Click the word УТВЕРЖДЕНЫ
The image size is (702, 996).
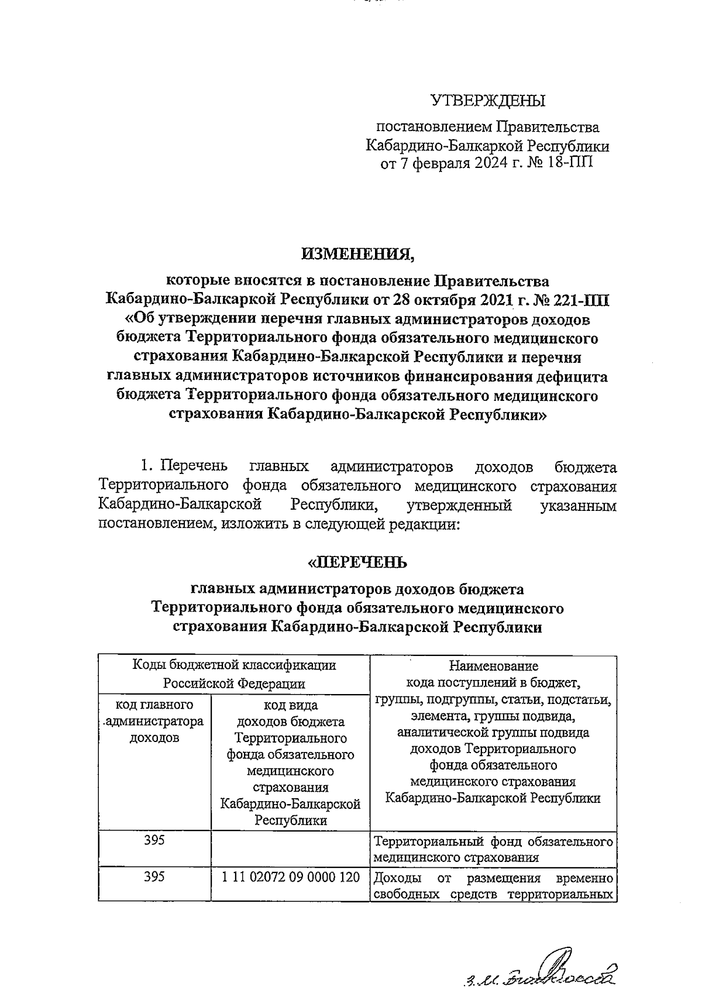(488, 101)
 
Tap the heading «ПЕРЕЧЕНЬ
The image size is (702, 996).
(357, 562)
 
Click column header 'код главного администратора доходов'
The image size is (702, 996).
(154, 721)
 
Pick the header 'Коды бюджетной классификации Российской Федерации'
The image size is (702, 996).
(234, 674)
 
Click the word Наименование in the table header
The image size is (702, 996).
(493, 665)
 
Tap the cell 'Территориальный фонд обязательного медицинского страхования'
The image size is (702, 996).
(493, 850)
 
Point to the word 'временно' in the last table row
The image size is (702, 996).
(584, 878)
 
